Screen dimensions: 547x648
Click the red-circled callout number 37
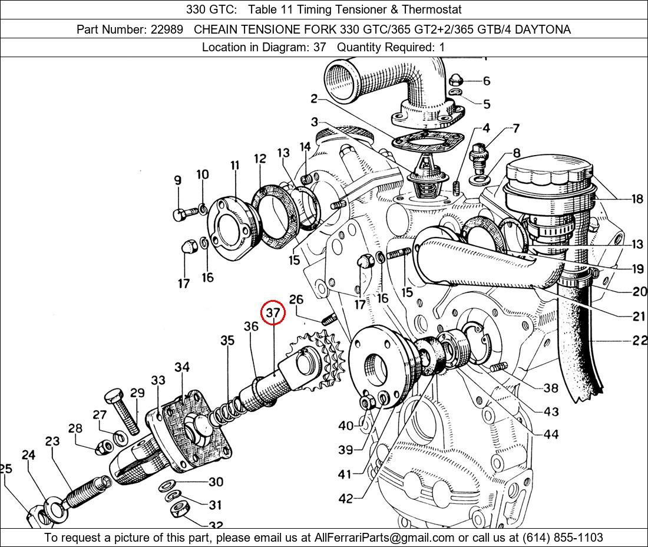[273, 313]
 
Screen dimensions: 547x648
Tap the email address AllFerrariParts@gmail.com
[385, 538]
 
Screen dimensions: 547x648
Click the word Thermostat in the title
[432, 9]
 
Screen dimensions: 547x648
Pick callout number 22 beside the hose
[639, 341]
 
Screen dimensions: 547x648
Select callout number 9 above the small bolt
[177, 181]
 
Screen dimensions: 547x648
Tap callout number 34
[182, 367]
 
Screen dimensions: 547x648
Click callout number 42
[346, 499]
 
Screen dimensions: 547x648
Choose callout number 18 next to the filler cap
[637, 199]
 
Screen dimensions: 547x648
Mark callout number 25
[5, 469]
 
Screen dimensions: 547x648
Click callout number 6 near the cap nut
[486, 81]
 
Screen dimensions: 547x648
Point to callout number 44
[551, 434]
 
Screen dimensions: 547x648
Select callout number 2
[314, 98]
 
